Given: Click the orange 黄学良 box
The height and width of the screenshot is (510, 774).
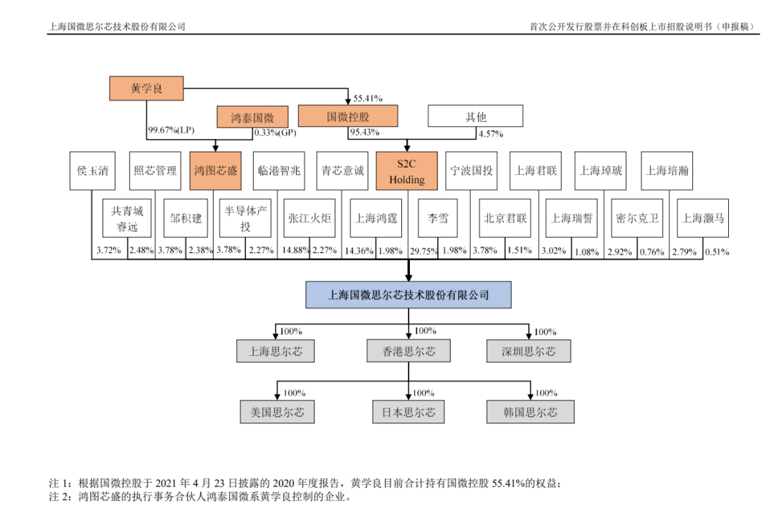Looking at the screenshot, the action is (147, 88).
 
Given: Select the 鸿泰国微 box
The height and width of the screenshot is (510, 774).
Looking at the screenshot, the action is (252, 117).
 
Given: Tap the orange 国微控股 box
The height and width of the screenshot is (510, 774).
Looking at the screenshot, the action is (348, 117).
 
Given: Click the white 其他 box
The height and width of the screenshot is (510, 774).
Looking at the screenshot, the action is (475, 117).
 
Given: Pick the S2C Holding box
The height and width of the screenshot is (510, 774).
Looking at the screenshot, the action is (407, 171).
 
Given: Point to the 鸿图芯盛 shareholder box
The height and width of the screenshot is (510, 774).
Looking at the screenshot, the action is (216, 171).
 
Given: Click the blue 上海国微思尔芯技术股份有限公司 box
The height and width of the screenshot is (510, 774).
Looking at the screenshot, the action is (408, 295).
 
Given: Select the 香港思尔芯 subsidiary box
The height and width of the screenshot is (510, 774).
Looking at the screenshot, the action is (408, 351).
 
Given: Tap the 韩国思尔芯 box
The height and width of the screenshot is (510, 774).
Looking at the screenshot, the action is (530, 413).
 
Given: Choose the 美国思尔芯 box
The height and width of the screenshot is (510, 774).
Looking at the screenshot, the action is (277, 413).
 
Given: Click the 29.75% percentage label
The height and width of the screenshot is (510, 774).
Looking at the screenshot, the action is (424, 251).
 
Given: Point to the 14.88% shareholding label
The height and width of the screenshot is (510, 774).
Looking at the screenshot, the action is (296, 251).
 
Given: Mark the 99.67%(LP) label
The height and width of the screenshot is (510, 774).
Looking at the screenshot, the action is (171, 130).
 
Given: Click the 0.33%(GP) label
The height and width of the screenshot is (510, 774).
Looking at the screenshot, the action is (275, 133).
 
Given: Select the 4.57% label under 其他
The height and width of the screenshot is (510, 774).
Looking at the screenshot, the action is (491, 134).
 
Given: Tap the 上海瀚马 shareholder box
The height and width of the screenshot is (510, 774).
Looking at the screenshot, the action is (703, 218).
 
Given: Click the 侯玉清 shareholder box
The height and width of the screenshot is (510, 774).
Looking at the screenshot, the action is (92, 171).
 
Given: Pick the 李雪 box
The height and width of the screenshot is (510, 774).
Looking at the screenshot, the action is (438, 218).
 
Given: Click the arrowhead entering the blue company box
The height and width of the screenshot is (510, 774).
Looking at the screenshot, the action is (408, 277).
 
